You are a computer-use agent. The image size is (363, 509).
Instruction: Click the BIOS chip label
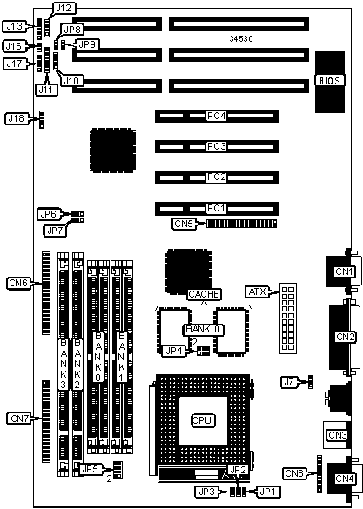[330, 81]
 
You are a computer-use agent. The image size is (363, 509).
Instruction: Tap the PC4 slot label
[216, 116]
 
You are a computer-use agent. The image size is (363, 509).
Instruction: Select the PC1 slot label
[216, 208]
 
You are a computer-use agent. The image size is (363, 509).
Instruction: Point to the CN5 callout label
[184, 224]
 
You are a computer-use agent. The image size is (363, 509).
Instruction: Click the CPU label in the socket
[202, 420]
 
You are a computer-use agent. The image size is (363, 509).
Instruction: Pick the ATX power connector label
[258, 291]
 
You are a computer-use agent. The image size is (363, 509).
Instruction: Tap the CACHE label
[204, 294]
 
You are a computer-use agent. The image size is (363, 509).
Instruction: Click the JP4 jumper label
[175, 351]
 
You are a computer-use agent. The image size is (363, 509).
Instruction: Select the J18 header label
[17, 118]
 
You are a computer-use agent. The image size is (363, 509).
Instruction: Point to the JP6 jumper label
[49, 214]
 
